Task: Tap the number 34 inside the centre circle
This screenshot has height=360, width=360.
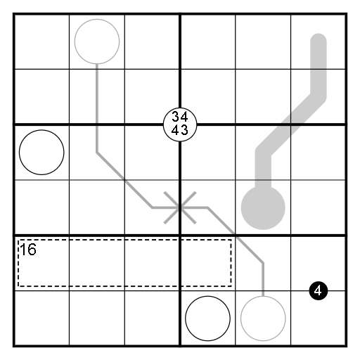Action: coord(180,117)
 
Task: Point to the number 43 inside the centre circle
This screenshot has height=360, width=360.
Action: coord(180,130)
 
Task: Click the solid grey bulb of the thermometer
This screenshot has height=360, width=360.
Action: coord(263,207)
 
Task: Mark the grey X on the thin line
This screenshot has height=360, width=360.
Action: coord(180,207)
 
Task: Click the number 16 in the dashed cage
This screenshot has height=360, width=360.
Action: coord(28,250)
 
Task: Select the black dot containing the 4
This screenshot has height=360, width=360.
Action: coord(319,291)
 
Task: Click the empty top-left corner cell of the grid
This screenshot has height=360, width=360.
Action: coord(41,41)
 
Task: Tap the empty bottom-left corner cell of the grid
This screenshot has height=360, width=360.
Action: coord(41,318)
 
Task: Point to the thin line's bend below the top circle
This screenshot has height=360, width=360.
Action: coord(97,153)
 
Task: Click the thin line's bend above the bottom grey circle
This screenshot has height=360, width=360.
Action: coord(263,263)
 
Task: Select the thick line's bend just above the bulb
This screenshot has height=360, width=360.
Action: coord(264,153)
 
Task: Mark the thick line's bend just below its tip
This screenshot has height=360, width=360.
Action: coord(319,96)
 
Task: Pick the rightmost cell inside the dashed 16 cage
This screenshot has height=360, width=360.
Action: coord(207,263)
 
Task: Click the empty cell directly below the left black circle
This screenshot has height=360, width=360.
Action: coord(41,207)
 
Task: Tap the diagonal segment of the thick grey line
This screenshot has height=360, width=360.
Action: coord(291,124)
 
